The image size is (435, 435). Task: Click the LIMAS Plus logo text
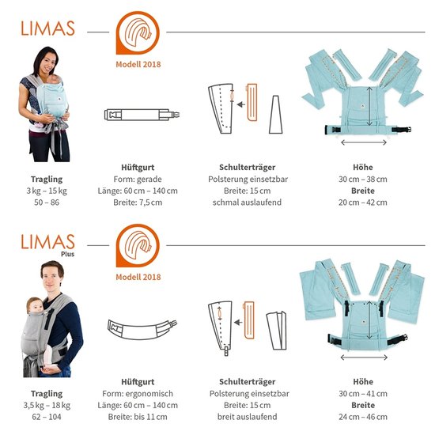(x=47, y=245)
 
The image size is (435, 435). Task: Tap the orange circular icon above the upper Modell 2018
(x=138, y=32)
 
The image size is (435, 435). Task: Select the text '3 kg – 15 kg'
(x=47, y=191)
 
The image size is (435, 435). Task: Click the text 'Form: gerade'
(x=138, y=180)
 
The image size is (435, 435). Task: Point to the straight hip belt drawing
(x=142, y=115)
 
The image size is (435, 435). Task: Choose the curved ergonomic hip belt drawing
(x=142, y=330)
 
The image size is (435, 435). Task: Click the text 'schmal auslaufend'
(x=247, y=202)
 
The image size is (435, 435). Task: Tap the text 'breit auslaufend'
(x=248, y=417)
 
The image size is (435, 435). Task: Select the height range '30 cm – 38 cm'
(x=363, y=180)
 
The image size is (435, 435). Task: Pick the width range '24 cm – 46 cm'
(x=363, y=417)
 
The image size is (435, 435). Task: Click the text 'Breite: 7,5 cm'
(x=138, y=202)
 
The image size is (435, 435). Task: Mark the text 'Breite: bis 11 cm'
(x=138, y=417)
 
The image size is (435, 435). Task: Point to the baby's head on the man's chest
(x=35, y=304)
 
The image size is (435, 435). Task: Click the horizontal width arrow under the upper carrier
(x=364, y=142)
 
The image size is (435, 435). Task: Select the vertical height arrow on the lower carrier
(x=369, y=320)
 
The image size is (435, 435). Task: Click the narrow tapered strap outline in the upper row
(x=276, y=115)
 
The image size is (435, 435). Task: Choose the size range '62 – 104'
(x=47, y=417)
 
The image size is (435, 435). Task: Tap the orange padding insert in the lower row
(x=248, y=320)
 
